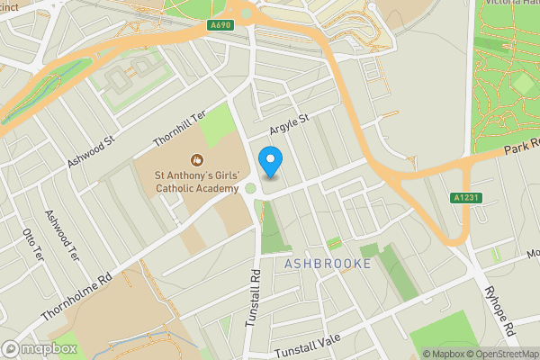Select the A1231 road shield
click(464, 197)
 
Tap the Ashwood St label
click(92, 152)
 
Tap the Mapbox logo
click(39, 348)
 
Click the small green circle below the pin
click(250, 189)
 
